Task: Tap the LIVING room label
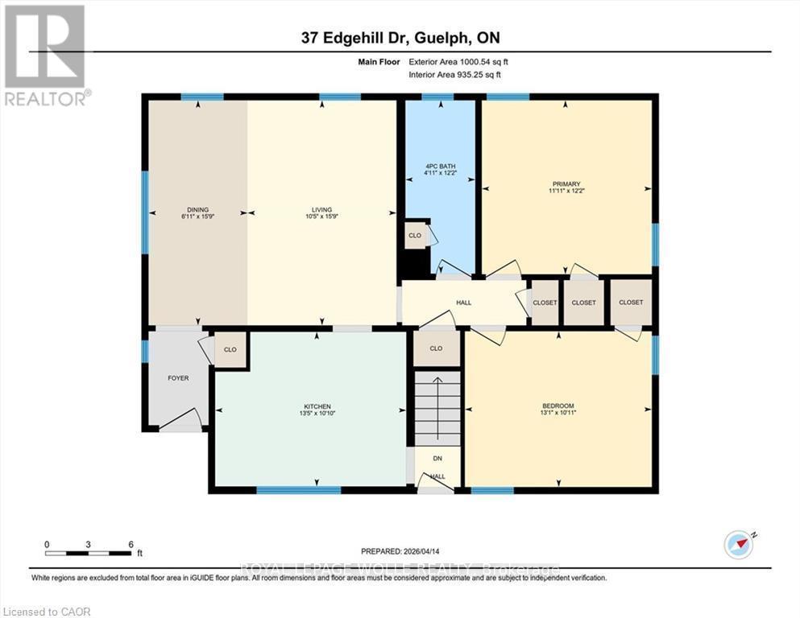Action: (321, 210)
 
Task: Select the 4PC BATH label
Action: (439, 167)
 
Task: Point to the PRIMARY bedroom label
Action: (566, 183)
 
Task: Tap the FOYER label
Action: (177, 378)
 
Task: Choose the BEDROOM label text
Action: (558, 406)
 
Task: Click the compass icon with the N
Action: (738, 545)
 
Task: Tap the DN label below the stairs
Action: (437, 458)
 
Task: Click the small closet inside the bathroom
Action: (415, 236)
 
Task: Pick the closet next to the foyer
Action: (230, 350)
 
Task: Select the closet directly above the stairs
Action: (437, 349)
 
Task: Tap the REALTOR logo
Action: (45, 54)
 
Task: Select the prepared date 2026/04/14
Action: (400, 551)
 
